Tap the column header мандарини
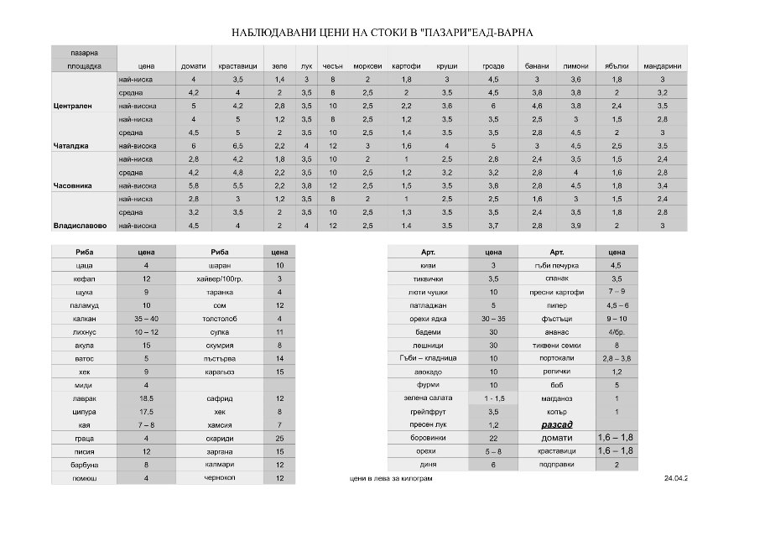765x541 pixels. (x=661, y=65)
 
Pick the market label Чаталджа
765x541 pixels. (x=70, y=145)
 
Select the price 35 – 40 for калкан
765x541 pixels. (x=146, y=319)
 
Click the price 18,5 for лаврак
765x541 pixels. (x=146, y=398)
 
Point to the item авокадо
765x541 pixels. (x=428, y=372)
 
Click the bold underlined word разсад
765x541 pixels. (x=556, y=424)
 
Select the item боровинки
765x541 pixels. (x=428, y=438)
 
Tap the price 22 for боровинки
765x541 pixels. (x=493, y=438)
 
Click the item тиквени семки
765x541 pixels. (x=556, y=345)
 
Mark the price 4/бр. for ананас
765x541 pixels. (x=617, y=331)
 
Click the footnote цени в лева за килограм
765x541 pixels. (x=393, y=478)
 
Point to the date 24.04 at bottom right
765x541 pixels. (x=674, y=478)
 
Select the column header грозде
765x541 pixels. (x=493, y=65)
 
